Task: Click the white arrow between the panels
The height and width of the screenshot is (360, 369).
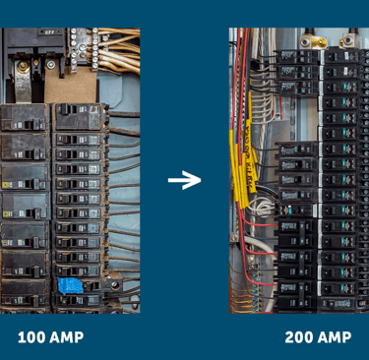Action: pos(184,180)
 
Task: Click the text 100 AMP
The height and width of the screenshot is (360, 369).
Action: pos(50,337)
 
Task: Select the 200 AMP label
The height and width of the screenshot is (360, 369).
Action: pos(317,337)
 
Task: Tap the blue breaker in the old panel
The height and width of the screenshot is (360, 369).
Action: pos(69,286)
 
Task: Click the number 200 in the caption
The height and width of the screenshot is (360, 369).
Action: pos(298,337)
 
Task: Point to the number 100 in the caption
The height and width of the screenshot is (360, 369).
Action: pos(31,337)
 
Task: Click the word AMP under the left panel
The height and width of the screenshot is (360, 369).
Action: pos(66,337)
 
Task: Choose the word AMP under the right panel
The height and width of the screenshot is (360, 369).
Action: pos(335,337)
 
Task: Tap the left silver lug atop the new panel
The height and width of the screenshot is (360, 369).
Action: pos(312,40)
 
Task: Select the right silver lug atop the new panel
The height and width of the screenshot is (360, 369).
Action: pos(346,40)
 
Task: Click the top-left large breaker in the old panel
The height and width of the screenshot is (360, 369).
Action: pos(23,118)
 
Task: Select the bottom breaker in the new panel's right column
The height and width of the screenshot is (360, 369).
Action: pos(341,301)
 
